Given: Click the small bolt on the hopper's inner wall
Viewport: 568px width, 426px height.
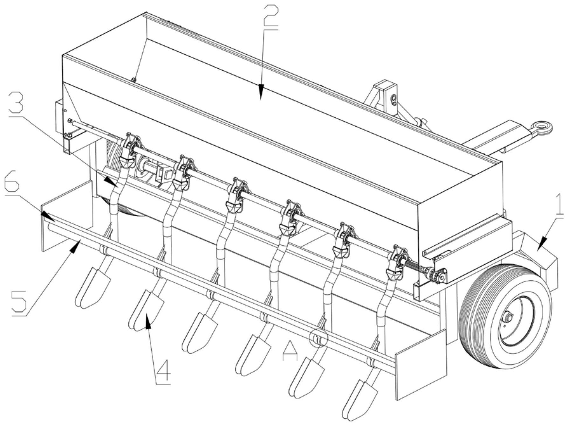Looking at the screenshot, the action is [134, 80].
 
